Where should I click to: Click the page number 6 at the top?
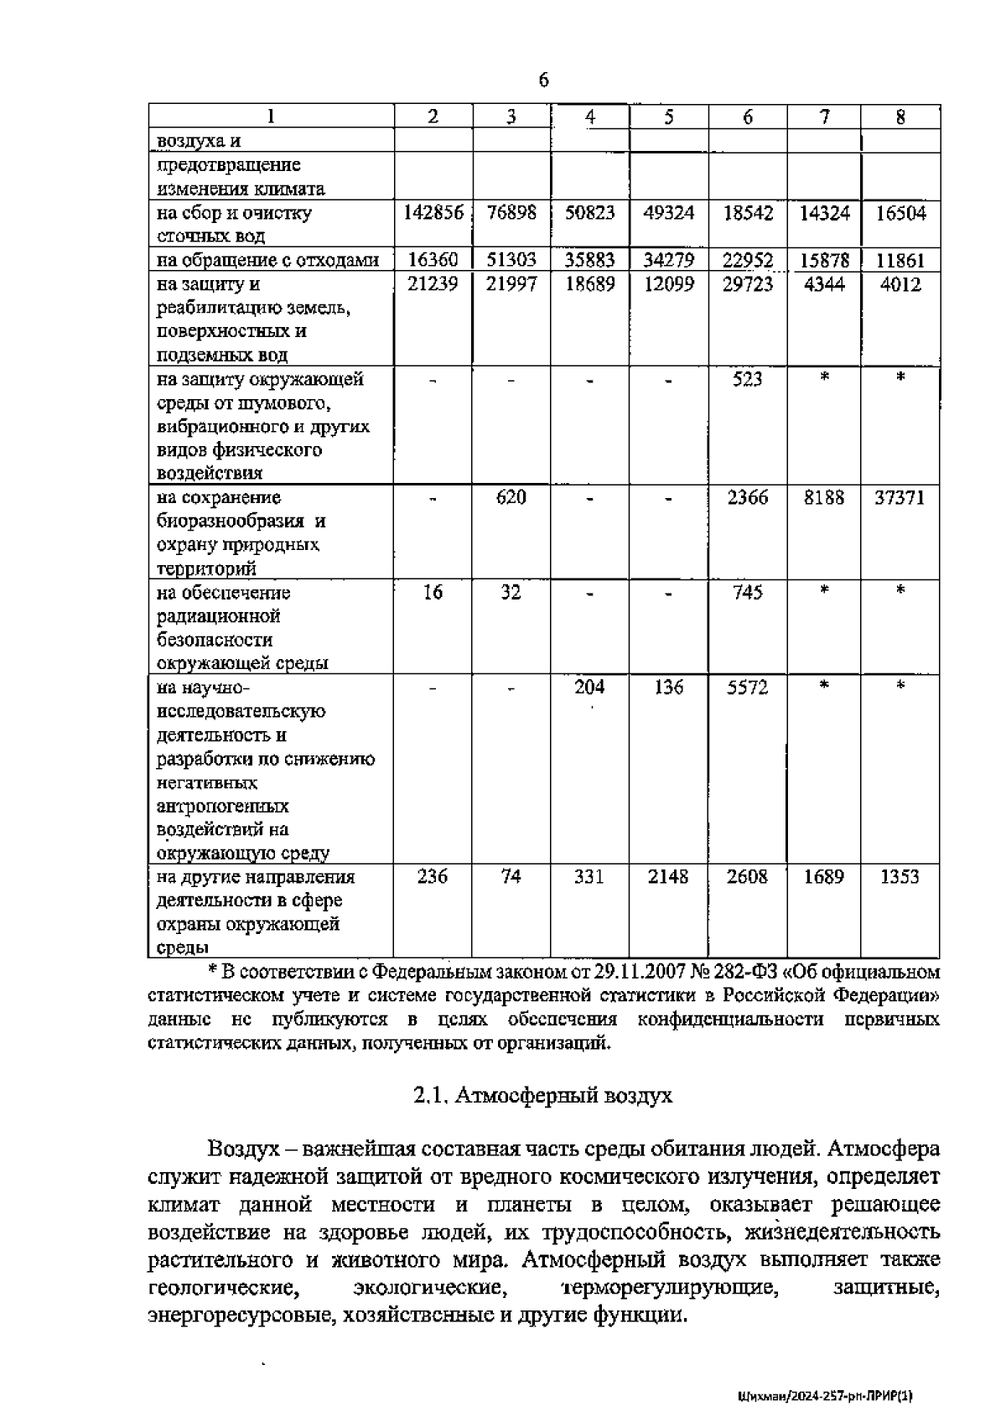coord(543,80)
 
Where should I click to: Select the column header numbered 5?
coord(669,117)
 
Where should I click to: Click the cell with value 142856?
coord(433,213)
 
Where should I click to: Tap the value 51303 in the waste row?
coord(511,261)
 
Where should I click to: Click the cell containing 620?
coord(511,497)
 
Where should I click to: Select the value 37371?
coord(900,497)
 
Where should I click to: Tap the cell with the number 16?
coord(433,592)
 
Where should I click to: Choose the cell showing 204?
coord(589,687)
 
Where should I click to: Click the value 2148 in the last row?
coord(669,876)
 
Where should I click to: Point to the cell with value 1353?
coord(900,876)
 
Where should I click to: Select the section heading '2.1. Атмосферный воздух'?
coord(543,1095)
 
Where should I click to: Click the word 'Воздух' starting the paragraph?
coord(244,1148)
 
